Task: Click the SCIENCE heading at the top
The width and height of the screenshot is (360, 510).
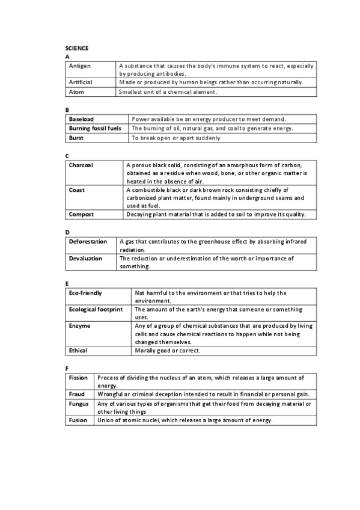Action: (77, 48)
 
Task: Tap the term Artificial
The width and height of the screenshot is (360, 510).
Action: (81, 82)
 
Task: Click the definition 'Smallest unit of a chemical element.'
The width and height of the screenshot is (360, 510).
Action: (168, 91)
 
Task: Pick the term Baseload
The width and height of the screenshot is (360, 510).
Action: (82, 119)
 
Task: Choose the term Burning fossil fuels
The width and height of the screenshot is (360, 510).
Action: (95, 128)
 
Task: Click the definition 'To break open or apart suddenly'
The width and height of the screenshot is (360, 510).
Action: (175, 137)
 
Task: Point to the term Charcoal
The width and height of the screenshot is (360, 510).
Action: (81, 164)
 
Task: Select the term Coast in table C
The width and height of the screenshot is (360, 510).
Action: (77, 189)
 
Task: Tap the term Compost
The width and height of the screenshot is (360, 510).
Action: (81, 214)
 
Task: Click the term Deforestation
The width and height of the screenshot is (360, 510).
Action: (88, 241)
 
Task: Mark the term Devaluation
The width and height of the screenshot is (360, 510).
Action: (85, 258)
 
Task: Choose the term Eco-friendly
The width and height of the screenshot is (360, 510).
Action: (85, 293)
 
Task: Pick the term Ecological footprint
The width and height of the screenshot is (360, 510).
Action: (96, 309)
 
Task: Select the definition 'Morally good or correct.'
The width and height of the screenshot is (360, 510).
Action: (168, 350)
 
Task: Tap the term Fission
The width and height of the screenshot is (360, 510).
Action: (78, 378)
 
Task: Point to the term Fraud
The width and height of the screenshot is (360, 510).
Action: (76, 394)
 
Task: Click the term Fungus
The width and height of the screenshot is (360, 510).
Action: (79, 404)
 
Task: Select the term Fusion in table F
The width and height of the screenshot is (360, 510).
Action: (78, 420)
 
